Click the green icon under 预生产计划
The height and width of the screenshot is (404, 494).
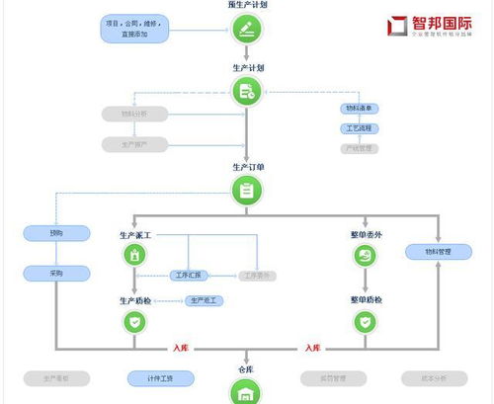coord(246,29)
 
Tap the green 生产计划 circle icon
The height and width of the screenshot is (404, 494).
coord(246,92)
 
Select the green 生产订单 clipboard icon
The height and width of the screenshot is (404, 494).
coord(246,191)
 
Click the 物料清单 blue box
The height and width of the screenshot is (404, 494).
coord(360,109)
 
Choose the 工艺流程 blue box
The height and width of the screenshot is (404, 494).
coord(360,128)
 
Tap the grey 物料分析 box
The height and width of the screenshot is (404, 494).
coord(133,115)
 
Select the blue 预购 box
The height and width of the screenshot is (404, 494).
coord(55,234)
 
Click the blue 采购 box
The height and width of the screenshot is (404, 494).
coord(55,273)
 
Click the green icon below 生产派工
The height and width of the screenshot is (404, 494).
coord(134,256)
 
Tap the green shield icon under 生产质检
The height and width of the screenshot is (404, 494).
coord(134,321)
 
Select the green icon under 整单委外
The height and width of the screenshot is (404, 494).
coord(366,256)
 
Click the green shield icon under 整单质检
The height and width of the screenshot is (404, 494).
coord(366,321)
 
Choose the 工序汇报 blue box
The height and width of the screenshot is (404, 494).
coord(187,275)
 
